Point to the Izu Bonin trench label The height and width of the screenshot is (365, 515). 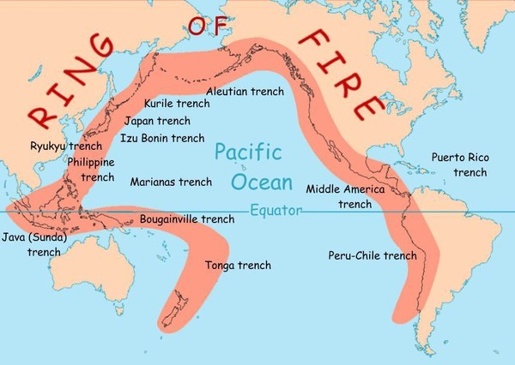162,137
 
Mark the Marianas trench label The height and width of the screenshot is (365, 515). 171,182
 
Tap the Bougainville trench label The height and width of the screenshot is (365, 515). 186,219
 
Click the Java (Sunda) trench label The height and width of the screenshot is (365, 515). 35,244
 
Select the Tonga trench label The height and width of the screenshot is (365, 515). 238,266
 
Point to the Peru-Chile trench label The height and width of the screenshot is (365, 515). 373,255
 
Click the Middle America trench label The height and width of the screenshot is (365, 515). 346,196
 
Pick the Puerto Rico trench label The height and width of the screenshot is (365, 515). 463,165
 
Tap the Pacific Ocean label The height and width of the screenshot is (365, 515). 248,168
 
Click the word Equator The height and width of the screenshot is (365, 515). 276,211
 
